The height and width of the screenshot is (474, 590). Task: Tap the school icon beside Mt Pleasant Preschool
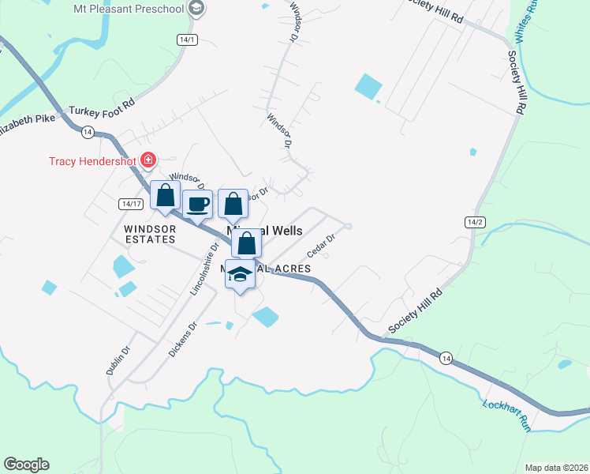[196, 9]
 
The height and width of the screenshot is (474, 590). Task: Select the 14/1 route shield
[187, 39]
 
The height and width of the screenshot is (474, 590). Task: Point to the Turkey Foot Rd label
[103, 109]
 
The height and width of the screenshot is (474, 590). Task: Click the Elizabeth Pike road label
[28, 125]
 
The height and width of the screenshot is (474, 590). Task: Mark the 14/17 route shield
[131, 204]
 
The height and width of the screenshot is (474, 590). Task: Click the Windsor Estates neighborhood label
[149, 234]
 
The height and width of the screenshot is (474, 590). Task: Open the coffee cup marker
[197, 204]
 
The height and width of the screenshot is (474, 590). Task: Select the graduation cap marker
[241, 274]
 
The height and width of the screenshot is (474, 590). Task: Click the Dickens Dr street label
[182, 339]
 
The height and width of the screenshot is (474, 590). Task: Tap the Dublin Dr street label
[118, 359]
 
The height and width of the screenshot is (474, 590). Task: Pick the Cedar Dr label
[322, 245]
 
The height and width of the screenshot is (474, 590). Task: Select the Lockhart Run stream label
[505, 415]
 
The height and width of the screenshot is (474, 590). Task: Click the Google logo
[26, 465]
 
